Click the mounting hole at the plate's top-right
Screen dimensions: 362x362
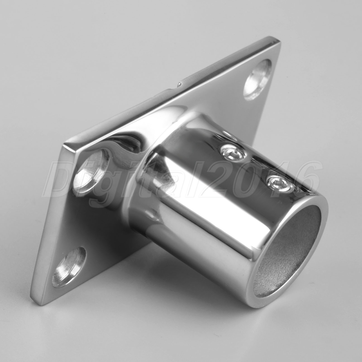[258, 80]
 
